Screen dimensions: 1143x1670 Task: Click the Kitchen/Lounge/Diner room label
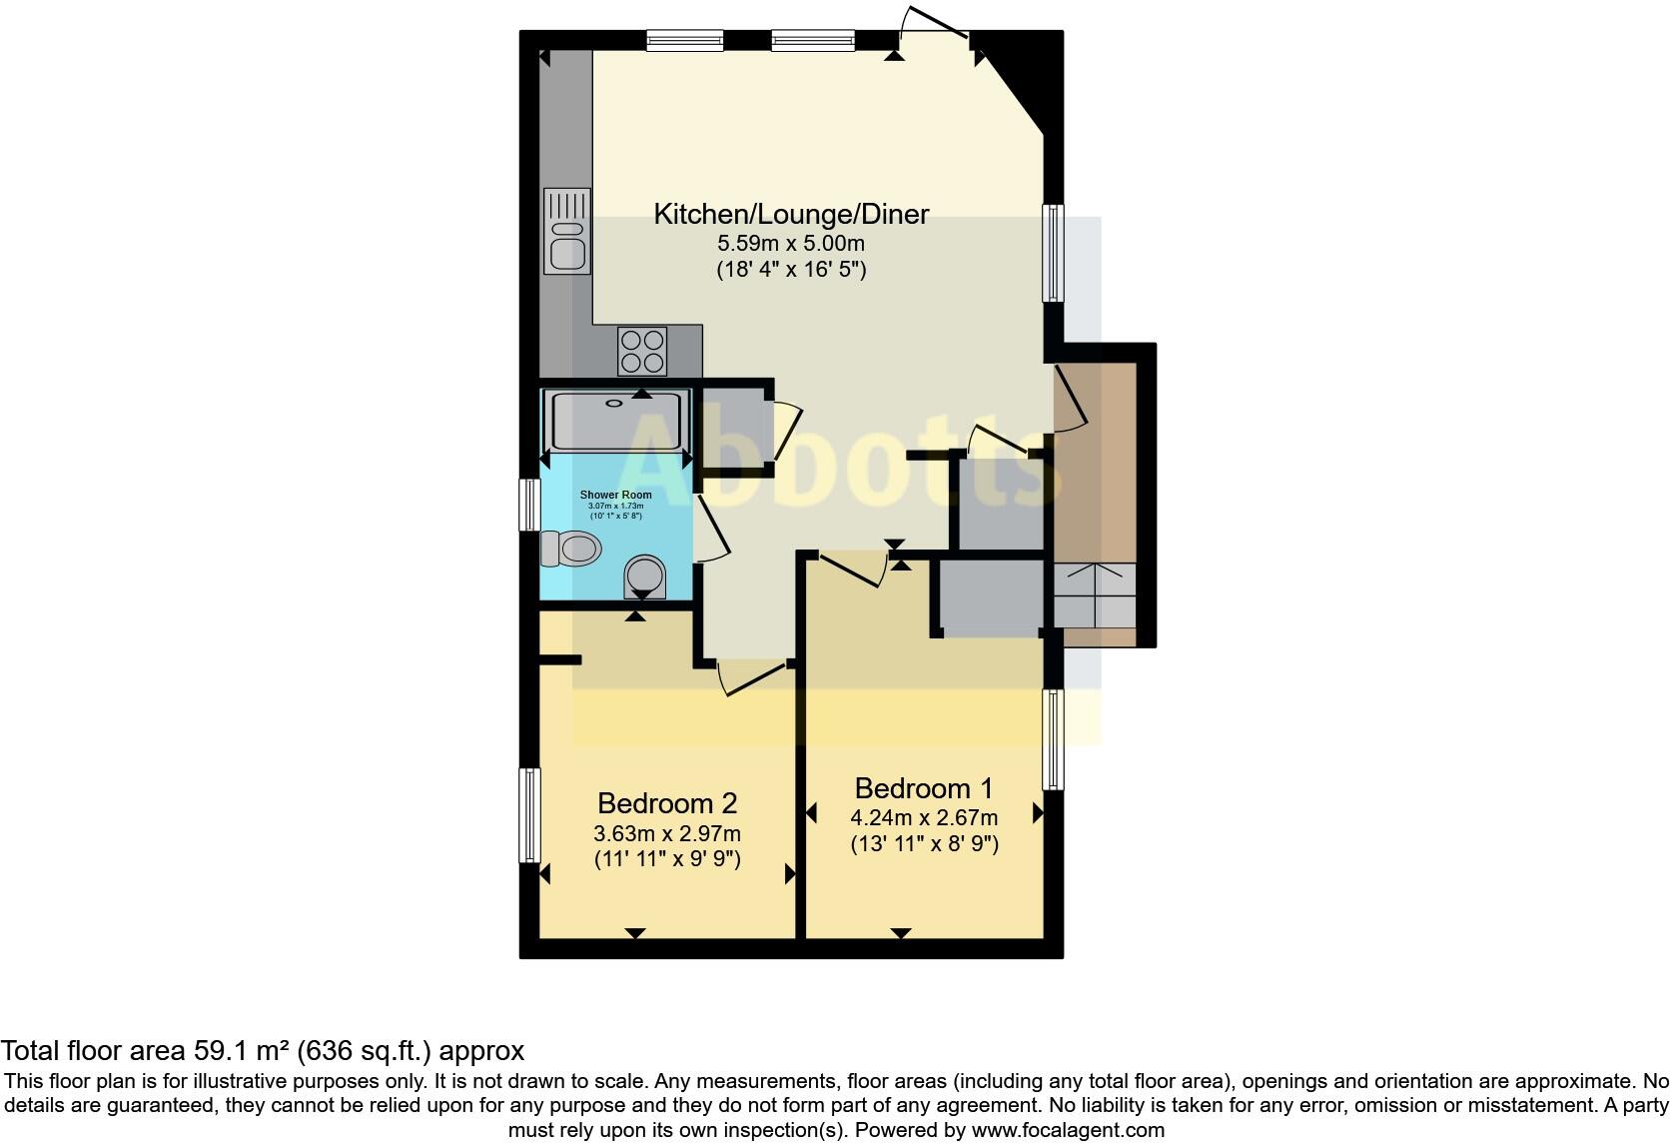(791, 214)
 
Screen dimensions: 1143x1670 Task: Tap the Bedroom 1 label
(924, 788)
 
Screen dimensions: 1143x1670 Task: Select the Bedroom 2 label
(667, 803)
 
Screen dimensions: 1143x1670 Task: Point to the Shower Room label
(615, 495)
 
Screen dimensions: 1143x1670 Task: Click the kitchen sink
(566, 232)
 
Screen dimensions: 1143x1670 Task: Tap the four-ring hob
(642, 350)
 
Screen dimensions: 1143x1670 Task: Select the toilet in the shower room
(570, 548)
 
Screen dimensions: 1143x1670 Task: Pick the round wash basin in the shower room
(644, 575)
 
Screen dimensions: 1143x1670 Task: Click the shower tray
(616, 421)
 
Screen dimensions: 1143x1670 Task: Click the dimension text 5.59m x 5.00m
(791, 243)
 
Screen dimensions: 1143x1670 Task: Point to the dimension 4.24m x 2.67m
(924, 817)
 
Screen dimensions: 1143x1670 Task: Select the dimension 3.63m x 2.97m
(667, 833)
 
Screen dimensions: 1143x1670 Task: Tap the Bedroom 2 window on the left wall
(529, 814)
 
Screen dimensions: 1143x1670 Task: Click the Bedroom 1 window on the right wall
(1053, 739)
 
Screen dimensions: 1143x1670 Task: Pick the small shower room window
(529, 504)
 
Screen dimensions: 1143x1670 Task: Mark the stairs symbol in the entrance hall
(1096, 595)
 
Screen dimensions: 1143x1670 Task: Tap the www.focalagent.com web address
(1068, 1131)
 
